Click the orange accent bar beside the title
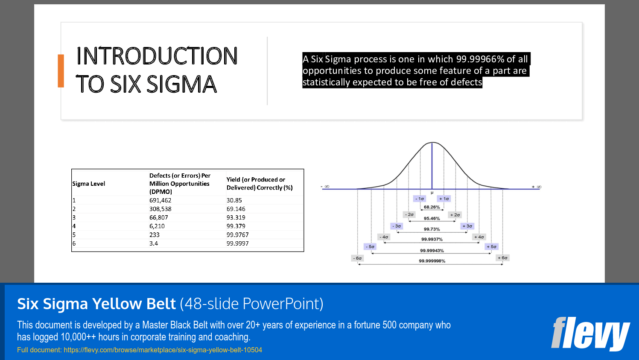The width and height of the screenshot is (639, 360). (x=61, y=71)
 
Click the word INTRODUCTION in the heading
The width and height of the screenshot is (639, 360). (x=157, y=56)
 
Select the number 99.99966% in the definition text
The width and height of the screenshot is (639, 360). (x=480, y=59)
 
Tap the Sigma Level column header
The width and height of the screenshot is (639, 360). (x=89, y=184)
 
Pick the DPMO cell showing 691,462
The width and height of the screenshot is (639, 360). (x=160, y=200)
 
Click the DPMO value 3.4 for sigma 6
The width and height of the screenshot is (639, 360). (x=154, y=243)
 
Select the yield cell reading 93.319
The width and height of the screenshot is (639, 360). (x=236, y=217)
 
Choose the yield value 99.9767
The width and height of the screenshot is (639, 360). (x=238, y=235)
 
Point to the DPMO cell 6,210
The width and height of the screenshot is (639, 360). (x=157, y=226)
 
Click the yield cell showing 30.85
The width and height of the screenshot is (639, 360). (x=234, y=200)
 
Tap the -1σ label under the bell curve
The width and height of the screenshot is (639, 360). (x=420, y=199)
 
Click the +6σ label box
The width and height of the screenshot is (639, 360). (x=502, y=258)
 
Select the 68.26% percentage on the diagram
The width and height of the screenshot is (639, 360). (x=432, y=207)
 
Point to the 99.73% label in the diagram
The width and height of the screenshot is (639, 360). (x=432, y=229)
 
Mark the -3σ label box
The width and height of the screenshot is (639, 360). (x=397, y=226)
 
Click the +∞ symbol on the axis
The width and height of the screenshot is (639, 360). (x=537, y=187)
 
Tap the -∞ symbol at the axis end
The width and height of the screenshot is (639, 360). (x=325, y=187)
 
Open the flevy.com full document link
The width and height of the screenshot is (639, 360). (x=163, y=350)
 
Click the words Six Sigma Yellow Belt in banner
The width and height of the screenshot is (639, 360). (x=96, y=304)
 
